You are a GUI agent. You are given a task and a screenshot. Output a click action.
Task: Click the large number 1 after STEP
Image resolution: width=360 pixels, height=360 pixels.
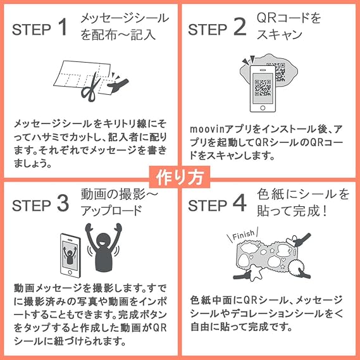click(x=61, y=28)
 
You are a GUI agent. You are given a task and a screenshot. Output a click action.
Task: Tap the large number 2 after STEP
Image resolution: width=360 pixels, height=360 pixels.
click(x=239, y=28)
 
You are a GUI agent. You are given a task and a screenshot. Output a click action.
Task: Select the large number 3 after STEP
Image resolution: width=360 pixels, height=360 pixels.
click(x=61, y=204)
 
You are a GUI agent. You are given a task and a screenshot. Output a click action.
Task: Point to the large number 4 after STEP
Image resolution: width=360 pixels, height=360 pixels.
click(x=239, y=204)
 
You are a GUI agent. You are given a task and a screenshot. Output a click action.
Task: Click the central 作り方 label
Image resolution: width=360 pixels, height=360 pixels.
click(x=179, y=177)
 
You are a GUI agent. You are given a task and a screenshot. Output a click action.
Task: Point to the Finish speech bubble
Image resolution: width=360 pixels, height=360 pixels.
click(x=242, y=235)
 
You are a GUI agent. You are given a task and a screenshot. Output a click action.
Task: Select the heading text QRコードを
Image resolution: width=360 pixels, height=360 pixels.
click(x=289, y=18)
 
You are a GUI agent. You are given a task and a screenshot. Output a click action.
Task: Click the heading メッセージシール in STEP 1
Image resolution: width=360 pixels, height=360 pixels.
click(x=125, y=18)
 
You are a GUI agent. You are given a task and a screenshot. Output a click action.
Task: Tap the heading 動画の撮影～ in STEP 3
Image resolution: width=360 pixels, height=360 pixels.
click(x=118, y=194)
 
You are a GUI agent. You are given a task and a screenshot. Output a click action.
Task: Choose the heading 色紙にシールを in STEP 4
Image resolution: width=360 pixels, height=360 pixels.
click(x=304, y=194)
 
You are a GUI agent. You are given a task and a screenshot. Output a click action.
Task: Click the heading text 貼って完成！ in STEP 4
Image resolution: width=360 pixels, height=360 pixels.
click(x=293, y=211)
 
